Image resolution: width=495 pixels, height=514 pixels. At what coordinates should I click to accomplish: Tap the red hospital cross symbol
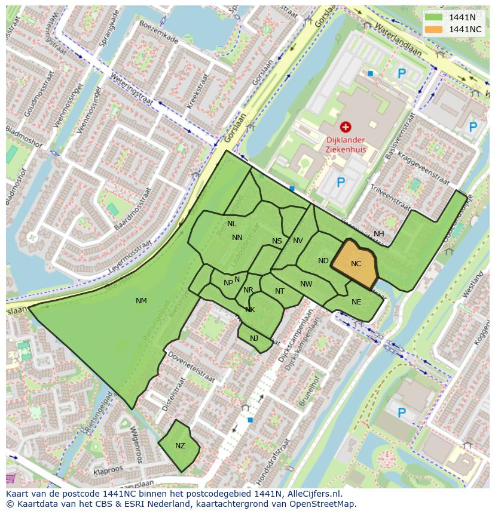(x=345, y=127)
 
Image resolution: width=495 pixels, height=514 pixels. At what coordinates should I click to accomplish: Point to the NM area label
(x=141, y=301)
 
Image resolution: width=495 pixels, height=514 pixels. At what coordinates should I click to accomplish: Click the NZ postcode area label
(x=180, y=446)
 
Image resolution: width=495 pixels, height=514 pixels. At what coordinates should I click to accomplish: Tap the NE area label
(x=356, y=302)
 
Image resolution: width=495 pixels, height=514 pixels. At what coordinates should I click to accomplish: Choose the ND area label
(x=323, y=261)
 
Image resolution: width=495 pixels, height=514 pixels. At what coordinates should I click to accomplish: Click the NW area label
(x=306, y=284)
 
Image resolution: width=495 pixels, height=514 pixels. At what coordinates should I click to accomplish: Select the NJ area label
(x=254, y=338)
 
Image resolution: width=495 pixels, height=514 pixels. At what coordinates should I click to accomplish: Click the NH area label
(x=379, y=234)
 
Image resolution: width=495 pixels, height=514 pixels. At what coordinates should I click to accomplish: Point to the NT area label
(x=280, y=291)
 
